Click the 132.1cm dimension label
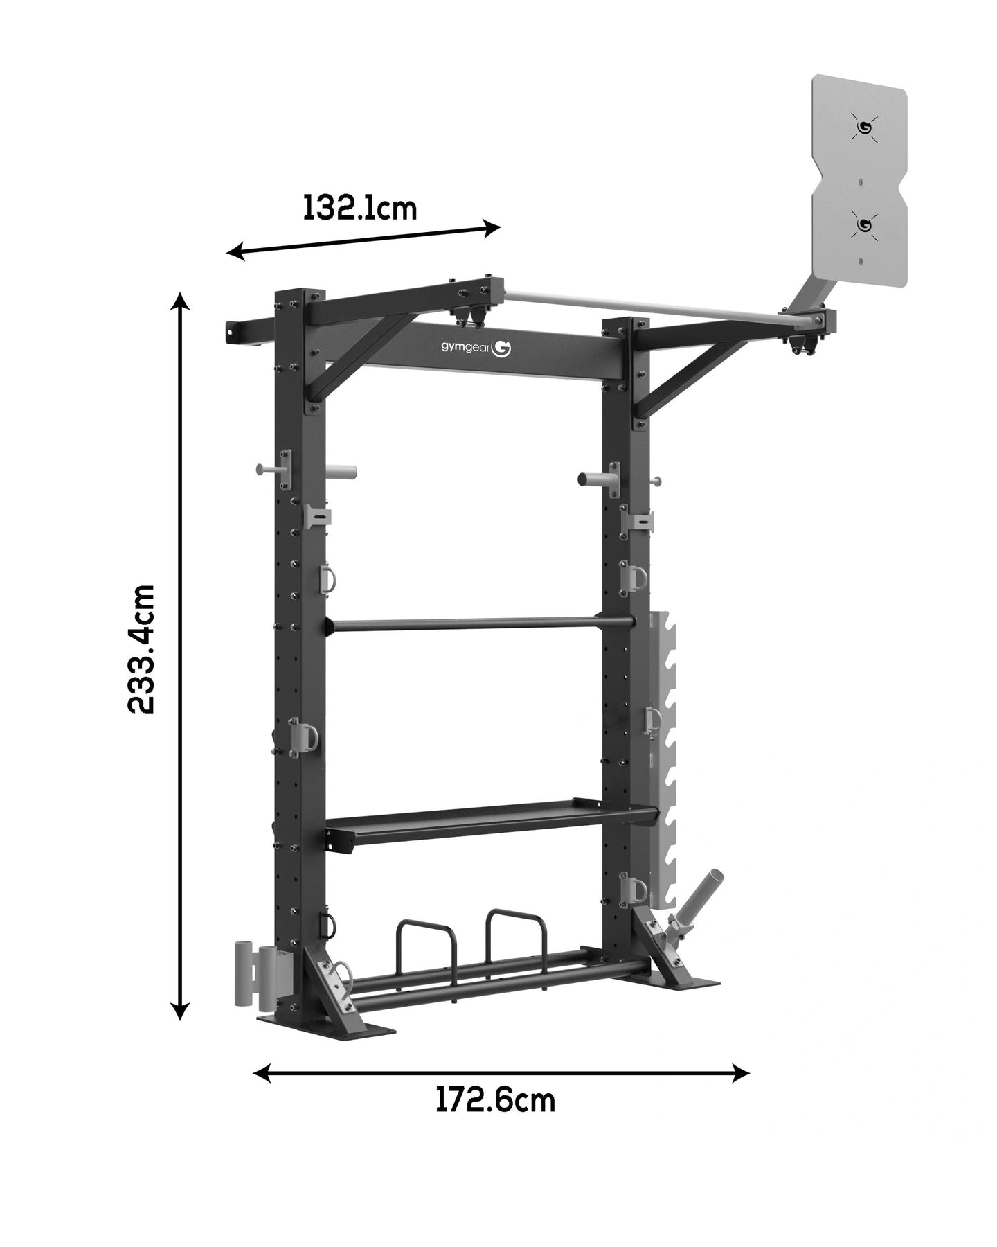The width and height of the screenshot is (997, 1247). [x=360, y=207]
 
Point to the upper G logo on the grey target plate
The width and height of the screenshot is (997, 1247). [x=864, y=127]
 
